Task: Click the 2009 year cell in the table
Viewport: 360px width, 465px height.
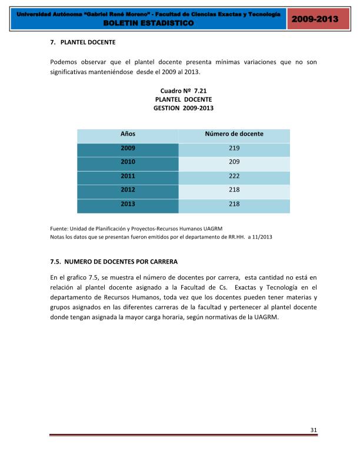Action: coord(128,149)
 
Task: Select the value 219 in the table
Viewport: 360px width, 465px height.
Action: coord(234,149)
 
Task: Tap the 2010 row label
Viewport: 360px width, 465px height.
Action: coord(128,162)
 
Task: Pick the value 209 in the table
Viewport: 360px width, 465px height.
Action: coord(234,162)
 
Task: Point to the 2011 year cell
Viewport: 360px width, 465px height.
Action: coord(128,176)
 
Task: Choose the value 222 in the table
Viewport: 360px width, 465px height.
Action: coord(234,176)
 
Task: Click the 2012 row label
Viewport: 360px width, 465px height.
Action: coord(128,190)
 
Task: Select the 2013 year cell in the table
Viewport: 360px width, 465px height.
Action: coord(128,205)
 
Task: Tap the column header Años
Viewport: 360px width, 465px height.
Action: coord(128,134)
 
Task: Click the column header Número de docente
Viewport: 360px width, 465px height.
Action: coord(234,134)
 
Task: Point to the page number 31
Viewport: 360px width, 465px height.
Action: coord(314,430)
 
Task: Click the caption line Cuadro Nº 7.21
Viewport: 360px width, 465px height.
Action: coord(184,91)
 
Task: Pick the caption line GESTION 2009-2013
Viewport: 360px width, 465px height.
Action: coord(184,109)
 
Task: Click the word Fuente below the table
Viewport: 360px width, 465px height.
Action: coord(58,229)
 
